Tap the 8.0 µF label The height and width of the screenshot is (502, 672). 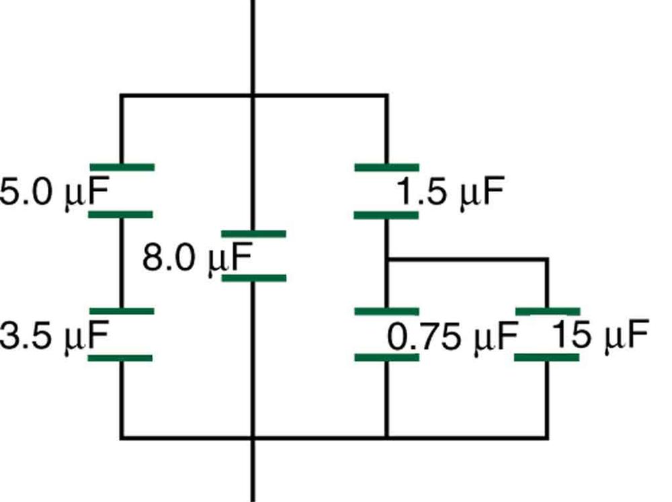196,258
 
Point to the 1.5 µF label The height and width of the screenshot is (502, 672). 450,194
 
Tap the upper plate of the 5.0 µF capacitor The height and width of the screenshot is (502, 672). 122,167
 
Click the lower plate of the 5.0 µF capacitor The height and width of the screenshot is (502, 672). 122,214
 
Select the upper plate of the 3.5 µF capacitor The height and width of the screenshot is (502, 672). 122,311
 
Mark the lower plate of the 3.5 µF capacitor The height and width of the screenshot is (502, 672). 122,358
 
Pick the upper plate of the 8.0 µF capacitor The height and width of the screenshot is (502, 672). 253,234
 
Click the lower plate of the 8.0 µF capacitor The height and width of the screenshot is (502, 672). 253,278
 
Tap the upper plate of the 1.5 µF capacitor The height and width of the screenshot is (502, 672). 386,167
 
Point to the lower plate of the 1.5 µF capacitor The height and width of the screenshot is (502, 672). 386,215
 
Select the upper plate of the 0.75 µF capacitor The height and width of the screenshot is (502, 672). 386,311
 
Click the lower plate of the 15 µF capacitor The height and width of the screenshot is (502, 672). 547,357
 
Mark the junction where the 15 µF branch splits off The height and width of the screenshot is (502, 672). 386,259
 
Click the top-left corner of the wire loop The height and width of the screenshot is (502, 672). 122,96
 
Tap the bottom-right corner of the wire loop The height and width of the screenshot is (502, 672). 547,438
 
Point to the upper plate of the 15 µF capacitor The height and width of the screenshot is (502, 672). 547,311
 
